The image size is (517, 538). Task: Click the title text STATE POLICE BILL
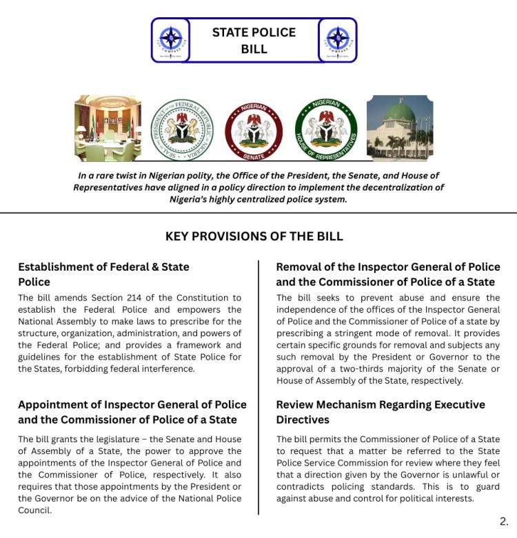click(x=254, y=41)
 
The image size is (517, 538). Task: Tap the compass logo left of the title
click(x=170, y=39)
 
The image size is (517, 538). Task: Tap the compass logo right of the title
click(x=338, y=39)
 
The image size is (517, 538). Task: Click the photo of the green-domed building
click(x=400, y=129)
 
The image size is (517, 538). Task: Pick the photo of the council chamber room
click(x=108, y=129)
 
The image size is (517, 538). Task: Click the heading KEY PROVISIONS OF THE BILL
click(x=254, y=236)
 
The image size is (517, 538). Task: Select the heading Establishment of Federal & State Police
click(x=103, y=274)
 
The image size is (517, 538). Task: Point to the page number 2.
click(x=504, y=521)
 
